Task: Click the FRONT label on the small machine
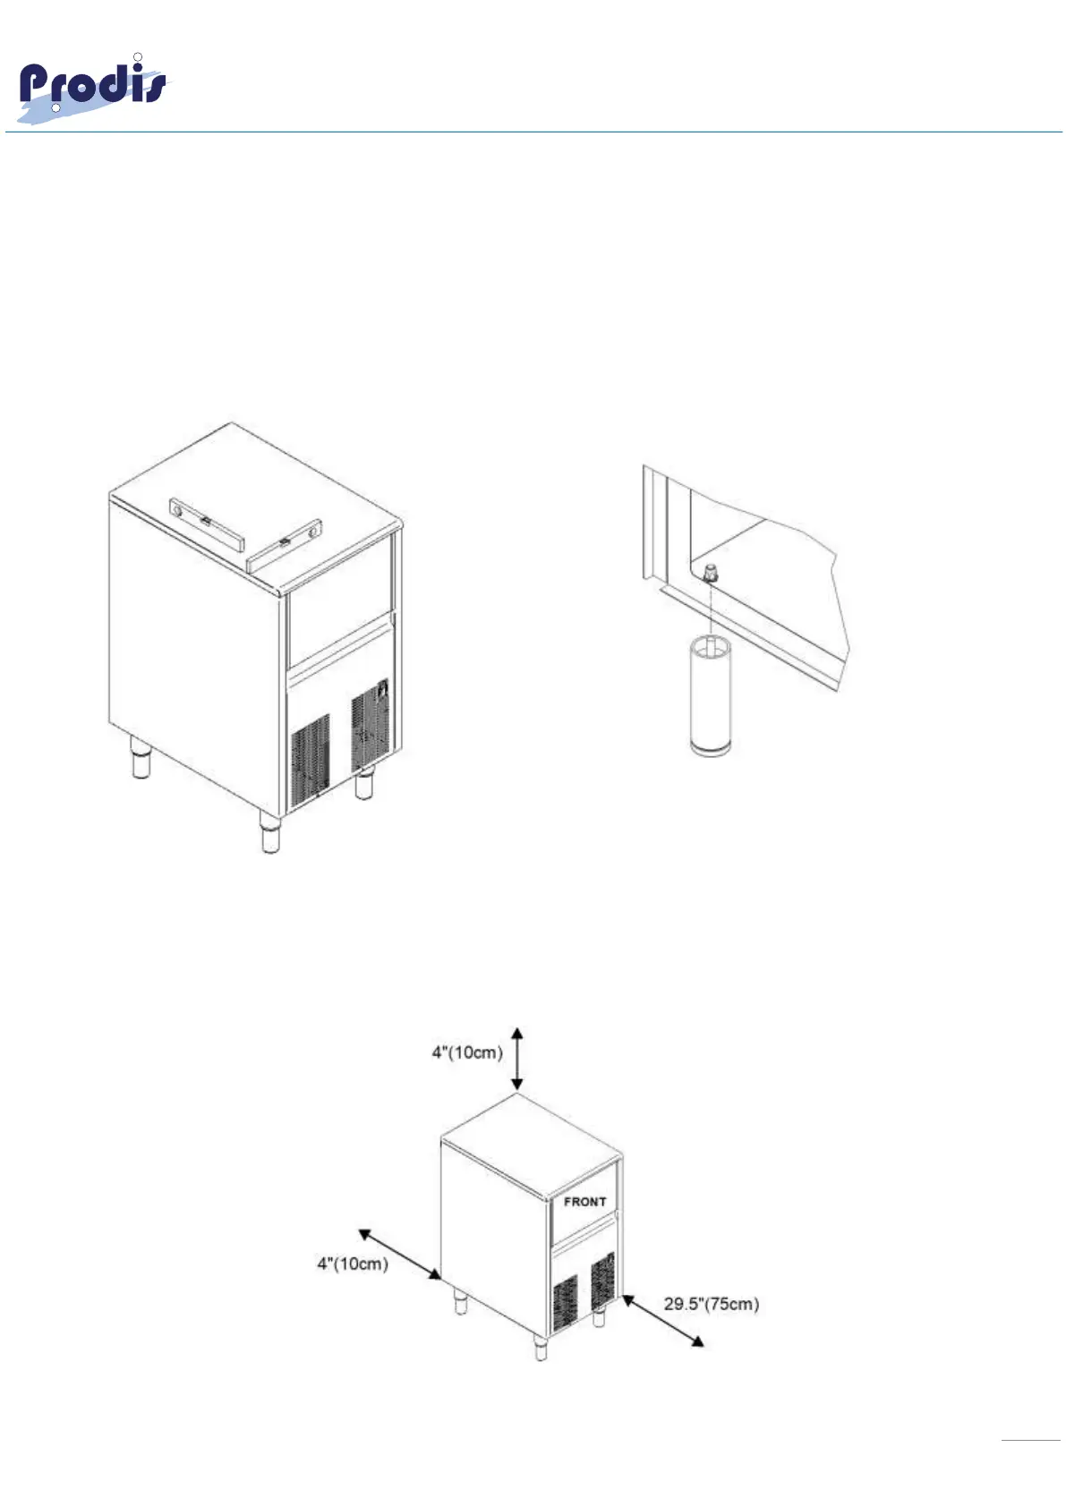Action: pyautogui.click(x=584, y=1202)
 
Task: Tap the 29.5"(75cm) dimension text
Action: pyautogui.click(x=711, y=1304)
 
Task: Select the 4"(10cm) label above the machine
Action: pyautogui.click(x=467, y=1052)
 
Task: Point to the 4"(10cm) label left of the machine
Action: pyautogui.click(x=353, y=1264)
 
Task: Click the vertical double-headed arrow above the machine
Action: pyautogui.click(x=517, y=1059)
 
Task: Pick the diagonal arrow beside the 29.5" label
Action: pyautogui.click(x=662, y=1321)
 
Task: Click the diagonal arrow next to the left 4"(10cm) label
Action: pyautogui.click(x=399, y=1255)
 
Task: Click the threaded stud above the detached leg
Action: pyautogui.click(x=711, y=574)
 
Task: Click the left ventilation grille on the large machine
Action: pyautogui.click(x=310, y=761)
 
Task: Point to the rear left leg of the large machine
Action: pyautogui.click(x=141, y=758)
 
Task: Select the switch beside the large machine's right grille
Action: pyautogui.click(x=383, y=690)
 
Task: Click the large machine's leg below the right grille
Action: pyautogui.click(x=363, y=785)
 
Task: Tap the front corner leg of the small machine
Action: pyautogui.click(x=541, y=1348)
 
